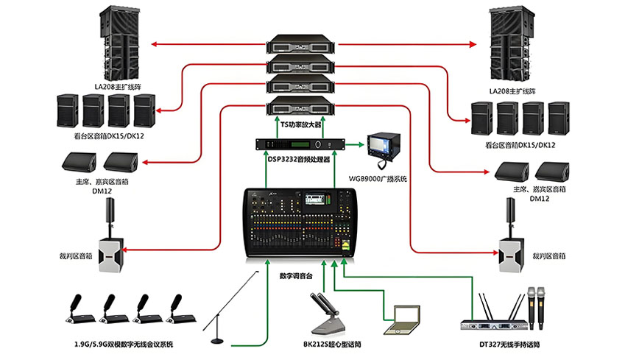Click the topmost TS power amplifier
pos(303,43)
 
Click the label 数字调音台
pos(297,276)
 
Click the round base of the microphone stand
pos(218,339)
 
